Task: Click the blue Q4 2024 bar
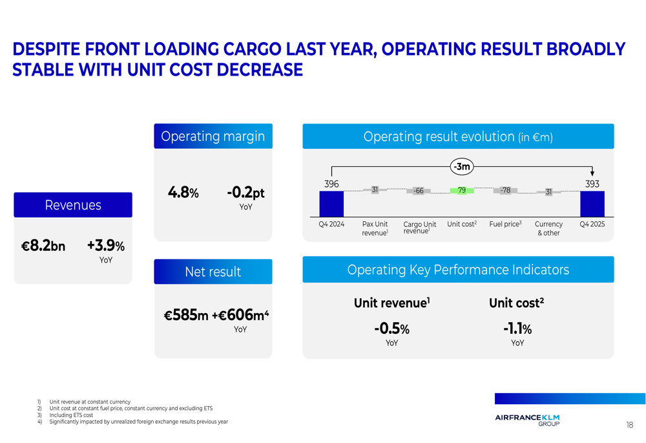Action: (x=331, y=204)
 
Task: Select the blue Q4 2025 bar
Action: (x=592, y=204)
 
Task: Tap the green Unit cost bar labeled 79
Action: (x=461, y=191)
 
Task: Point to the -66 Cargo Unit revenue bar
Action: (x=419, y=191)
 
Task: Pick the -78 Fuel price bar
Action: (x=505, y=190)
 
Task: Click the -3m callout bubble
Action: (x=461, y=167)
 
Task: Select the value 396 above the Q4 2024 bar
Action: (x=331, y=184)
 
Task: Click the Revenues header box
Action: (x=73, y=205)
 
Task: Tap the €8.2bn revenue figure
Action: (x=43, y=246)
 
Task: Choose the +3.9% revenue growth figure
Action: (x=105, y=246)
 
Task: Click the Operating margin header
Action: (x=213, y=136)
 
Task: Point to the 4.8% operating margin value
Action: (x=183, y=193)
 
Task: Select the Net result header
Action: (x=213, y=272)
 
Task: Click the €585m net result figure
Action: (x=186, y=316)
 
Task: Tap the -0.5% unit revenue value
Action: (x=391, y=329)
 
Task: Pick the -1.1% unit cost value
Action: (x=517, y=329)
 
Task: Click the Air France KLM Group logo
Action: (x=527, y=420)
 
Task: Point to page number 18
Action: (x=629, y=425)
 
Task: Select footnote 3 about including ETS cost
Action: (x=71, y=415)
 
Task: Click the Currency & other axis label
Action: (x=548, y=228)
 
